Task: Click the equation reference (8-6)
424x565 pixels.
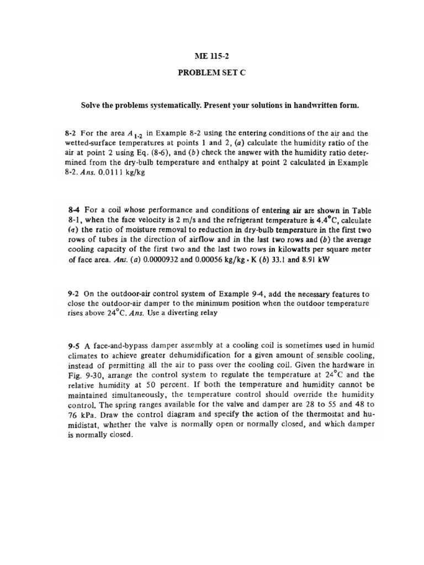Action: tap(150, 153)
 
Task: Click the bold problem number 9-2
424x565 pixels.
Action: tap(73, 295)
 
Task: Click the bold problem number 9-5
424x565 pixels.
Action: tap(74, 347)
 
